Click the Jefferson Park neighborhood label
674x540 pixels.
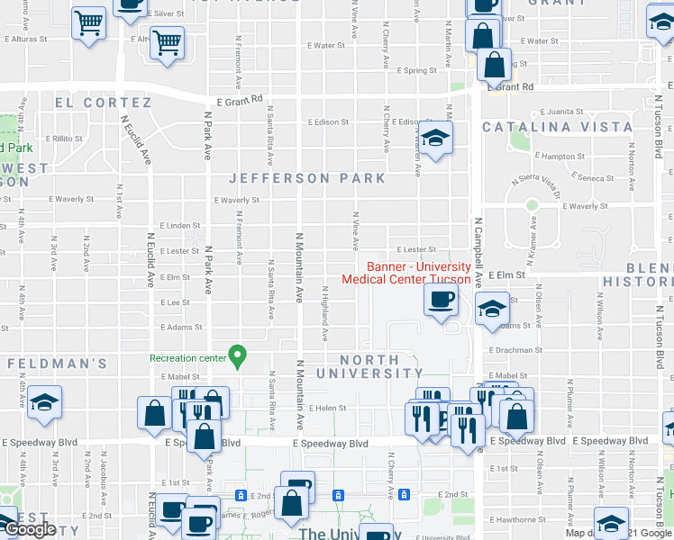(307, 178)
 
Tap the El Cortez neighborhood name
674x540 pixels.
(103, 103)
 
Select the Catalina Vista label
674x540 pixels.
(557, 127)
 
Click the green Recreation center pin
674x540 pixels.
(237, 357)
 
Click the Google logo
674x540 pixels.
(31, 530)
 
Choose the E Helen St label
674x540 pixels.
(328, 408)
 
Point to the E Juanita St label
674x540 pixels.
(562, 112)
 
